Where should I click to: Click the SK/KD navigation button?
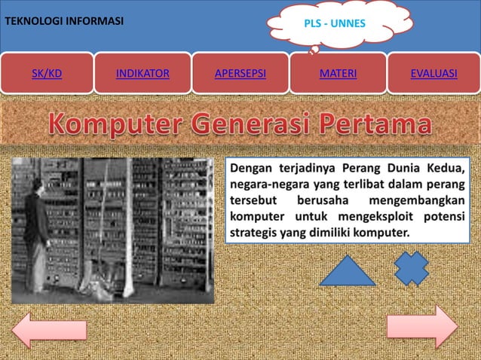[47, 74]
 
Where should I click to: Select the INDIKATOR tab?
[142, 74]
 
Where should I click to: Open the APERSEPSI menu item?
[240, 74]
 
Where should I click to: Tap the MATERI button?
[338, 74]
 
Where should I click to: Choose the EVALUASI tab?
[434, 74]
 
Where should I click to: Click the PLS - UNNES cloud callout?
[334, 24]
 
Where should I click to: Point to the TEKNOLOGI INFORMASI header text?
[64, 20]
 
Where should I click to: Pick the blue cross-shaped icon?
[412, 268]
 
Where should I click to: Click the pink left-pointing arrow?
[49, 329]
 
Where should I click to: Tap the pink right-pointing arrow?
[421, 327]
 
